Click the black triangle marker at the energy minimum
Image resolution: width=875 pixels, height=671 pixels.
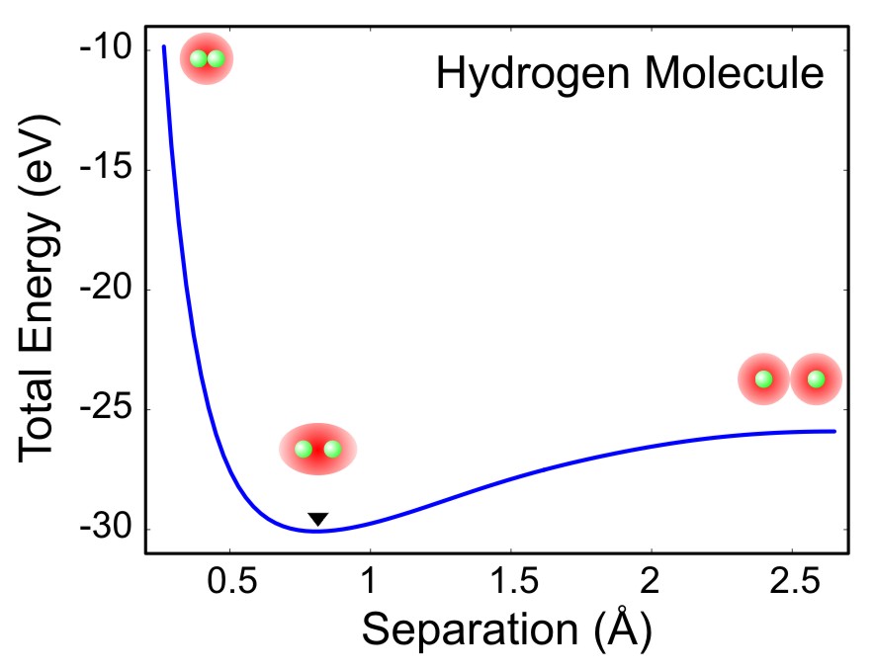click(x=317, y=520)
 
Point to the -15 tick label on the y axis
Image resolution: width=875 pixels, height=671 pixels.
click(x=108, y=169)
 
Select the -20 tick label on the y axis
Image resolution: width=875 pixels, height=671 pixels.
click(x=108, y=290)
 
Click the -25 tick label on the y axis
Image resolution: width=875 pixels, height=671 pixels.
click(x=108, y=409)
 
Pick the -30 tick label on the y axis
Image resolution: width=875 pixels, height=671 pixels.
click(x=108, y=529)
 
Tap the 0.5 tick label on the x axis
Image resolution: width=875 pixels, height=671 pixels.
click(x=229, y=580)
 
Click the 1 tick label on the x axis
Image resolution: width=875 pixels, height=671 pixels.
click(x=371, y=580)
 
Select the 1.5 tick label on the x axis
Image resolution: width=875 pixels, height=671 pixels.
click(x=510, y=580)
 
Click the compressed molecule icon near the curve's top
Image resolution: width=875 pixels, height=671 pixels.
click(x=207, y=59)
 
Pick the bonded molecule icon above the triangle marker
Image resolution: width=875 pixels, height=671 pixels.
click(x=317, y=450)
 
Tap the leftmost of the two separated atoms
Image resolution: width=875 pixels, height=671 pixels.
click(x=763, y=378)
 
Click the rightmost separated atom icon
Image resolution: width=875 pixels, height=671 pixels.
click(x=816, y=378)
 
